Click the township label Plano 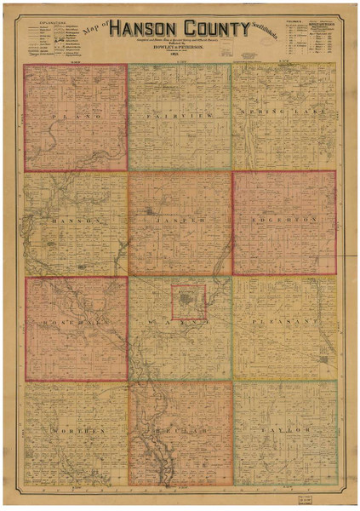(76, 113)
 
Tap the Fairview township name (179, 112)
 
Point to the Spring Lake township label (283, 112)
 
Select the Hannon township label (76, 220)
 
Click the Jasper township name (179, 220)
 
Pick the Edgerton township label (283, 219)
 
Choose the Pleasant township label (283, 324)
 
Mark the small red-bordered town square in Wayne (188, 302)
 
